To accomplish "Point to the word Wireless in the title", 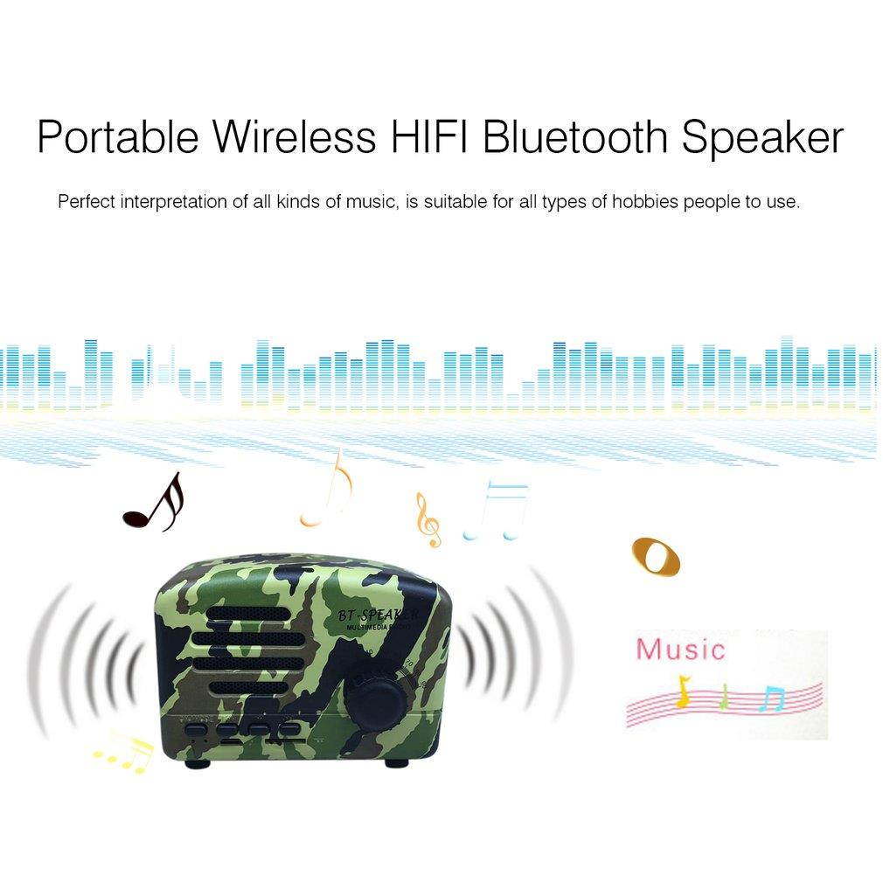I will (290, 137).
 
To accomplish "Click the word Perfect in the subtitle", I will (87, 202).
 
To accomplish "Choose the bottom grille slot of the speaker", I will (242, 688).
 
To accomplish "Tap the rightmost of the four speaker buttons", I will (289, 727).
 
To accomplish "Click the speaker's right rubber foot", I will (396, 761).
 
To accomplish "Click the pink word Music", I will (680, 650).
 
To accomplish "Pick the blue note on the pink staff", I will (772, 698).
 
